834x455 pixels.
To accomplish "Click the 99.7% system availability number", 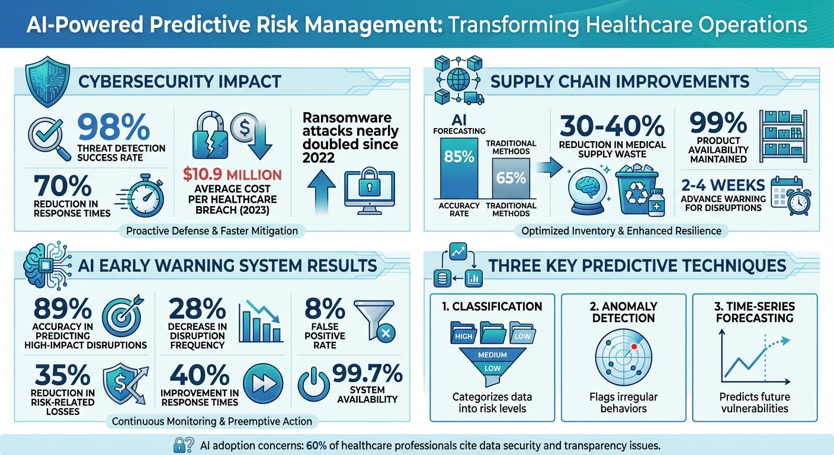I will click(367, 374).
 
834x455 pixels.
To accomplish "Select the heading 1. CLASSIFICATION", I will click(492, 306).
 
